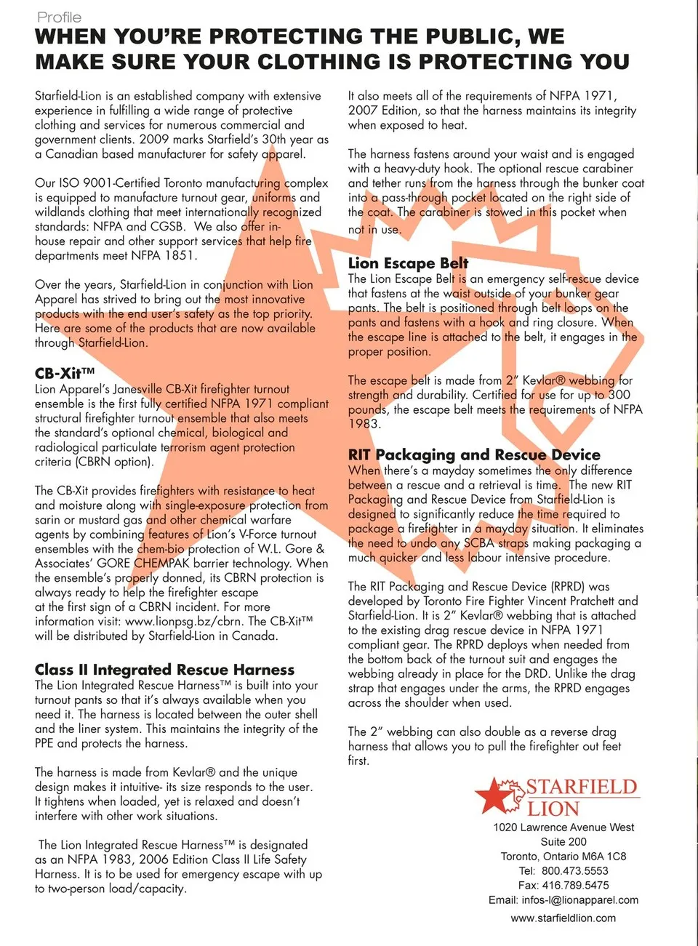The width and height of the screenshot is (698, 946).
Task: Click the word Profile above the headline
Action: (x=59, y=17)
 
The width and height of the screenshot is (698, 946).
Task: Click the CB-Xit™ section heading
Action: (x=65, y=373)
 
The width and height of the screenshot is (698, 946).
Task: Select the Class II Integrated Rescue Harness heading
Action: (x=164, y=669)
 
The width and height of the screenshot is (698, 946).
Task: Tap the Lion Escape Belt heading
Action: (x=408, y=262)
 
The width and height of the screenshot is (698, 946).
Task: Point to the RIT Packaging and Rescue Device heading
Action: (x=474, y=454)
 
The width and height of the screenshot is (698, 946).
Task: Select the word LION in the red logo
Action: (x=553, y=809)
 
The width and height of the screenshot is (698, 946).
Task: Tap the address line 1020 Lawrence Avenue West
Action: (x=563, y=827)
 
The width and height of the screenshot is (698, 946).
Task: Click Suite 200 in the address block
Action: (x=563, y=842)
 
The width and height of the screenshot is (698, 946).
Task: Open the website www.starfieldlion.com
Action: (x=563, y=918)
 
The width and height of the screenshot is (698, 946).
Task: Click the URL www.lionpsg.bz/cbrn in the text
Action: (x=184, y=622)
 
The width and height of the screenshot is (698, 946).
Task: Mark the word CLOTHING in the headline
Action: (x=320, y=62)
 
